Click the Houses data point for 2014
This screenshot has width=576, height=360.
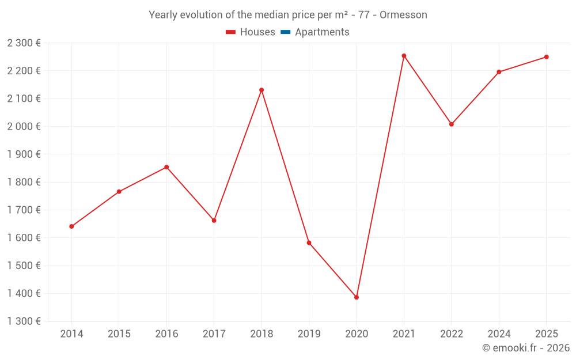71,226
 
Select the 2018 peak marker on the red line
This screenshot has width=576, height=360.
262,90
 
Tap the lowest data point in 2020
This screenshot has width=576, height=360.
357,297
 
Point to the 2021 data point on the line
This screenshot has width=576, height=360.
404,56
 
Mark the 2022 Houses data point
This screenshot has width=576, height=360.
452,124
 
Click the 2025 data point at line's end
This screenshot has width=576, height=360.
547,57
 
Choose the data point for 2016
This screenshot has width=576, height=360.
166,167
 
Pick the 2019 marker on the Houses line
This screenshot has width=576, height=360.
309,242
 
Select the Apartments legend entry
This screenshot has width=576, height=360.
321,32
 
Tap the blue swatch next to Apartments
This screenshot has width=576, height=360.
285,32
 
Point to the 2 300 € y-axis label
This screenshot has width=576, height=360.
24,43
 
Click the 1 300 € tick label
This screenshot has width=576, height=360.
24,321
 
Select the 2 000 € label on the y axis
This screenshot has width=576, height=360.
24,126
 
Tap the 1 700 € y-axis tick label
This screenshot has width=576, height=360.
24,210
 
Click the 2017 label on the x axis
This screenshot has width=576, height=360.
214,334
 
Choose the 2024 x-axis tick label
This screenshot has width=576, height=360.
499,334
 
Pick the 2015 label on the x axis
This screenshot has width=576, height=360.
119,334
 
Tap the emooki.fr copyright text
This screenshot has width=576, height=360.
526,348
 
